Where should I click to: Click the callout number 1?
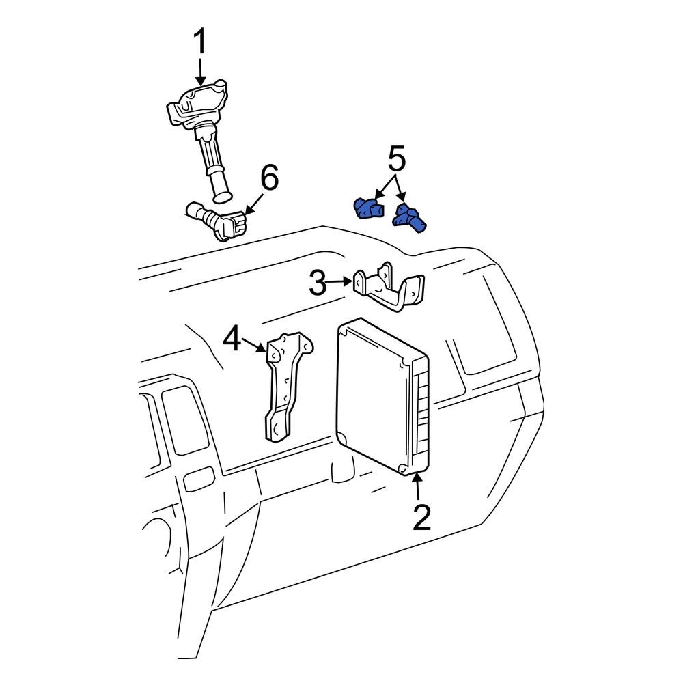(x=199, y=42)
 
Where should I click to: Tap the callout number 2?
(x=422, y=518)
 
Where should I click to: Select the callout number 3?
(x=318, y=283)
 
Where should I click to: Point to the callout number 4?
(x=232, y=339)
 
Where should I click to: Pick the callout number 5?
(x=397, y=160)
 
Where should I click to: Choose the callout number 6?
(x=269, y=179)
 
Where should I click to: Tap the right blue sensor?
(x=410, y=217)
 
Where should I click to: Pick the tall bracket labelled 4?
(x=285, y=386)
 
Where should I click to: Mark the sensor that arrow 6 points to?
(x=217, y=220)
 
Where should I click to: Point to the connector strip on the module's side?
(x=421, y=417)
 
